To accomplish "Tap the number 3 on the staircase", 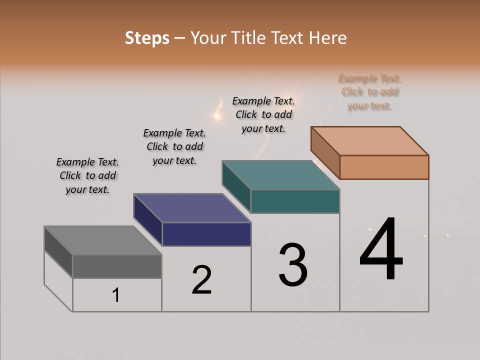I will [x=293, y=265].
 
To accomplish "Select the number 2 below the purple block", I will [x=202, y=279].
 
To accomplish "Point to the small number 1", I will [x=116, y=295].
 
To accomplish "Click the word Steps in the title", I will [x=147, y=38].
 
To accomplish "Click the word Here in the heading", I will [x=328, y=38].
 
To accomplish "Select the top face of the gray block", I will [x=102, y=240].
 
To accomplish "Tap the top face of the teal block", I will [x=281, y=175].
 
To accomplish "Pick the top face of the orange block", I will [x=370, y=141].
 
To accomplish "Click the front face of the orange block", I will [x=384, y=167].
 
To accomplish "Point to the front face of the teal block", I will [x=295, y=201].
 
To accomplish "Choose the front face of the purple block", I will [x=206, y=234].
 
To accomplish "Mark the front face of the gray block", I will [x=117, y=266].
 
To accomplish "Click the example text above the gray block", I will [x=87, y=175].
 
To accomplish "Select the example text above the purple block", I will [x=174, y=146].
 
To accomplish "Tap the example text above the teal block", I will [x=263, y=114].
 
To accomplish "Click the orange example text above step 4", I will [x=369, y=92].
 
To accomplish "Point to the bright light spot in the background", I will [x=217, y=116].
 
